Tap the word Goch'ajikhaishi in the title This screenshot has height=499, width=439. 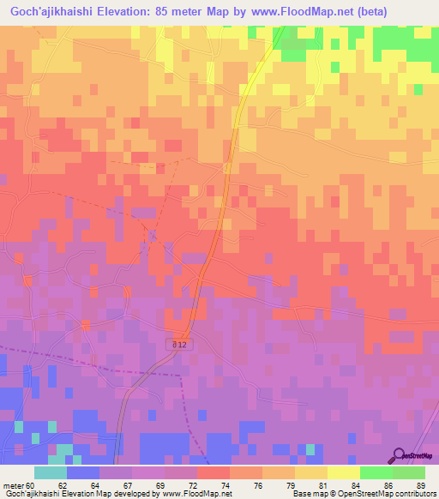click(55, 12)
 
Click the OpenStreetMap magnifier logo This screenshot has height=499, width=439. click(398, 455)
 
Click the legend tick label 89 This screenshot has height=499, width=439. click(420, 484)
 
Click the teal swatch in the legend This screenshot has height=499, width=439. click(51, 472)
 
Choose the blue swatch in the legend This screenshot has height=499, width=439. click(83, 472)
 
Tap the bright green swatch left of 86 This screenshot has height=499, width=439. click(376, 472)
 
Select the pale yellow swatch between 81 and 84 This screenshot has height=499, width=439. click(343, 472)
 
